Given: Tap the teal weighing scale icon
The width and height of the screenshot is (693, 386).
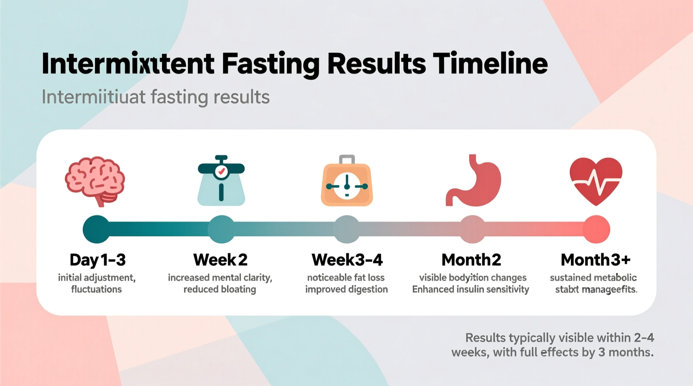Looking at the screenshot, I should coord(221,181).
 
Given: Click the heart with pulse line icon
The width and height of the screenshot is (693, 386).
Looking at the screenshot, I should coord(596,181).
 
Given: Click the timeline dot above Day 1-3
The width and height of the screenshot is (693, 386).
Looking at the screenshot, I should coord(96,229).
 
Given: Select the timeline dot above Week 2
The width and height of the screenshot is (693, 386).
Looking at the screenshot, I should coord(221,229).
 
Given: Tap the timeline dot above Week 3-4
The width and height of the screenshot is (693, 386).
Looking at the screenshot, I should coord(347,229).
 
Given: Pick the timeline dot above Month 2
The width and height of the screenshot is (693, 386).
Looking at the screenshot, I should coord(472,229).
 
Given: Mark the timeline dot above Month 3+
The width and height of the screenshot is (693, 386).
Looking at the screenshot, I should coord(596,229).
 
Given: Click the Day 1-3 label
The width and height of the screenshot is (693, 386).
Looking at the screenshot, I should coord(97,260).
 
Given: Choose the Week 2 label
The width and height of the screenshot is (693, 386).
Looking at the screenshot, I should coord(220,260).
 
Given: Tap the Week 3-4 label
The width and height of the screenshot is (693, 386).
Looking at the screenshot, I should coord(347,260).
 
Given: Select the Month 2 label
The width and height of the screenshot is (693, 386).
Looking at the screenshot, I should coord(471,260).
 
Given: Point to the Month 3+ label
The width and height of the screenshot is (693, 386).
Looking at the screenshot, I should coord(596,260).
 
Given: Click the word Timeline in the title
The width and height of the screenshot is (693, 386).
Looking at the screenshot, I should coord(490,63).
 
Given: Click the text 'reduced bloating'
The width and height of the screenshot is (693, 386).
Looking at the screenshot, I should coord(220,289).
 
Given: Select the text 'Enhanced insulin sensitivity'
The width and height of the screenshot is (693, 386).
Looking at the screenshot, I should coord(471,289).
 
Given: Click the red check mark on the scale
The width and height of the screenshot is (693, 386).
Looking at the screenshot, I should coord(222,171).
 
